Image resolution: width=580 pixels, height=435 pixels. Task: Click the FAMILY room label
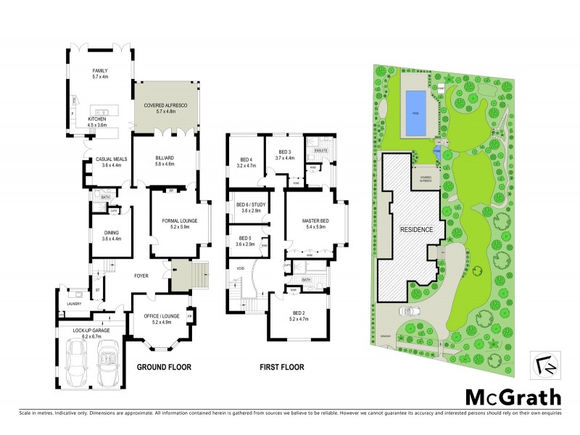tap(99, 71)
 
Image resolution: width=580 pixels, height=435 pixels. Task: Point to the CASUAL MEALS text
tap(111, 161)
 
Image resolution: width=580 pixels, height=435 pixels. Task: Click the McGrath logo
tap(513, 397)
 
